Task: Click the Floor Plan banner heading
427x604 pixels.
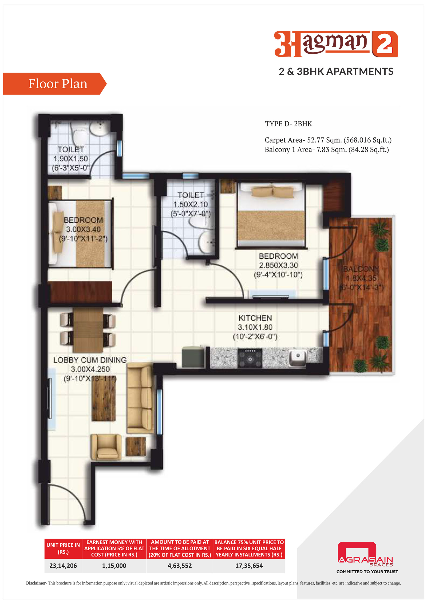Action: pyautogui.click(x=58, y=84)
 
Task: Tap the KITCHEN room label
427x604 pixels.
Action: pyautogui.click(x=255, y=318)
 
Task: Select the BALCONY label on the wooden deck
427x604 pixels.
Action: pyautogui.click(x=361, y=269)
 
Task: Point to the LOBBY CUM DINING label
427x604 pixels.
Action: pyautogui.click(x=90, y=360)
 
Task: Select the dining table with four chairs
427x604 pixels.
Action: pyautogui.click(x=88, y=330)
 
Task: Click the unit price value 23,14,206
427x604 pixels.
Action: pyautogui.click(x=63, y=566)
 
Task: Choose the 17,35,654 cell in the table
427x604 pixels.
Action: pyautogui.click(x=249, y=566)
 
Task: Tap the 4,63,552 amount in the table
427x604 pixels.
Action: pyautogui.click(x=180, y=566)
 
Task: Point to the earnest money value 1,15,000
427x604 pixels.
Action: pyautogui.click(x=114, y=566)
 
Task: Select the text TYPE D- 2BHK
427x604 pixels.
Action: pyautogui.click(x=288, y=124)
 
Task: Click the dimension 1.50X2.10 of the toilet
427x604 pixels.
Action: pyautogui.click(x=191, y=204)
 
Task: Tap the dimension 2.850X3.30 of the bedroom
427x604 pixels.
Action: pyautogui.click(x=278, y=265)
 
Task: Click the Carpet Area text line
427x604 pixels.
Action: pyautogui.click(x=328, y=140)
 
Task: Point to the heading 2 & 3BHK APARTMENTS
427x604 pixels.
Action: pyautogui.click(x=336, y=72)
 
